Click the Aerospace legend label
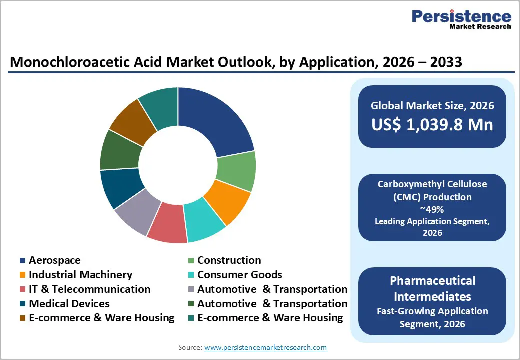coord(54,260)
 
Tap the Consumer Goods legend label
coord(239,275)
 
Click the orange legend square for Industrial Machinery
coord(23,275)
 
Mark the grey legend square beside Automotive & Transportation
coord(191,290)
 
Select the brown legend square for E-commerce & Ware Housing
coord(23,318)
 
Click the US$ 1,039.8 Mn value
coord(432,125)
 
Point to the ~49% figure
coord(432,209)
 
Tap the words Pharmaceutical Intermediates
coord(432,288)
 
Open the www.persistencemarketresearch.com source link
coord(265,347)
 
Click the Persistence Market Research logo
coord(461,20)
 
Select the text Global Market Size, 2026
coord(432,105)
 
